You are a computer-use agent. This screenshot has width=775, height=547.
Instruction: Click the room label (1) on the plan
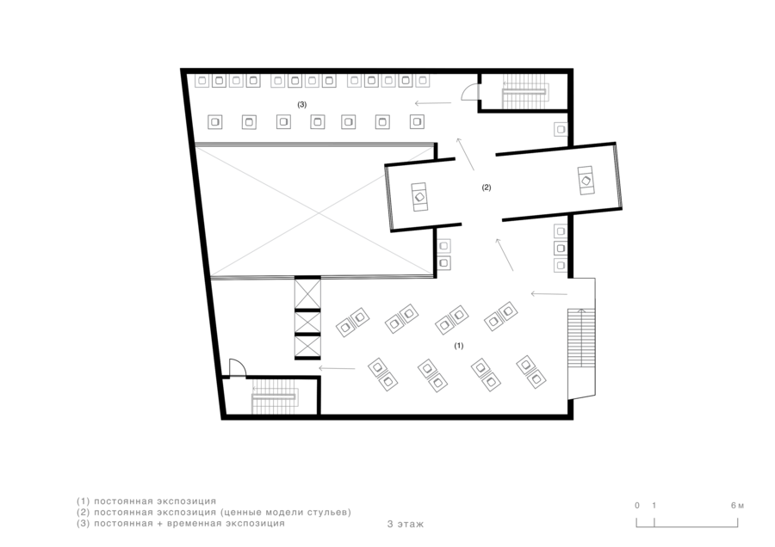459,346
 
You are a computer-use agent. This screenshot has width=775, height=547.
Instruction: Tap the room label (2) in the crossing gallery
487,187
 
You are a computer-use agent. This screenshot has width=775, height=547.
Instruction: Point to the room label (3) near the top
302,105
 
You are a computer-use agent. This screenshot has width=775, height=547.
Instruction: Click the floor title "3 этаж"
406,525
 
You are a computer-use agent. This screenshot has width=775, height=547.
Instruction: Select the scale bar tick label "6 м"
737,506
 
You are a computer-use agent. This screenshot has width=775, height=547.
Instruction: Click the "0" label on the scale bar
637,506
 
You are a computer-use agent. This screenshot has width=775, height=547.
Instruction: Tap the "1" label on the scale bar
654,506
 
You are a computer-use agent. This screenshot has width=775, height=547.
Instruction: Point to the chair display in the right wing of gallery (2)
586,181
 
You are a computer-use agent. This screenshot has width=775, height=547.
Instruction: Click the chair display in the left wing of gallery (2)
419,197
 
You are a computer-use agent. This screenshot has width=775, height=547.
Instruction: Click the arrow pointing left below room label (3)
432,103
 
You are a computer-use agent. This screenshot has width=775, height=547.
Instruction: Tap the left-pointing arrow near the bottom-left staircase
337,368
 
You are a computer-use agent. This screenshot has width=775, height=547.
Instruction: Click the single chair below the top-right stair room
561,129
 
